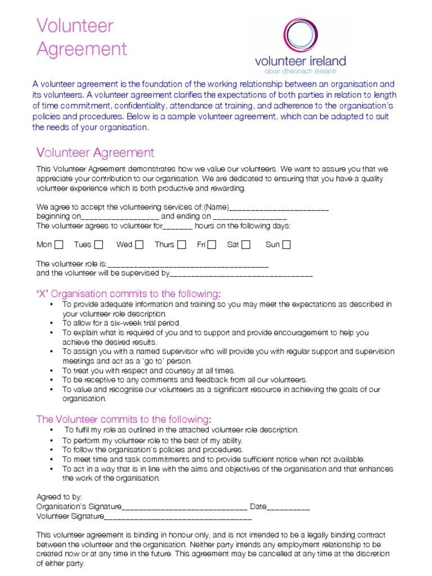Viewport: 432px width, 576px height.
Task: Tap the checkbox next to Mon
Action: (59, 245)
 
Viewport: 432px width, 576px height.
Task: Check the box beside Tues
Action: (98, 245)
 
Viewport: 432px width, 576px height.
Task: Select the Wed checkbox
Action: (139, 245)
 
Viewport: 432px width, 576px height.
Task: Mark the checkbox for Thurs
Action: (181, 245)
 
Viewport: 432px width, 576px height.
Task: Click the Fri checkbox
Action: (211, 245)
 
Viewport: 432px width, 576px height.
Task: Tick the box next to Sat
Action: (245, 245)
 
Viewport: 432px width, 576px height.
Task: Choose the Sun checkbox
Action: (286, 245)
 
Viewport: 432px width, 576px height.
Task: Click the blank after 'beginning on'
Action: (120, 217)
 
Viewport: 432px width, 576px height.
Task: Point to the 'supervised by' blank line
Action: (241, 274)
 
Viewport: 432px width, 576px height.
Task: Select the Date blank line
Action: (288, 507)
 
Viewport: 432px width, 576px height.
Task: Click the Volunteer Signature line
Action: (178, 517)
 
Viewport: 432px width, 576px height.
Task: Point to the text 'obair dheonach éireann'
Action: (300, 72)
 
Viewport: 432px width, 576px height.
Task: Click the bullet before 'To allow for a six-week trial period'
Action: (52, 323)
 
